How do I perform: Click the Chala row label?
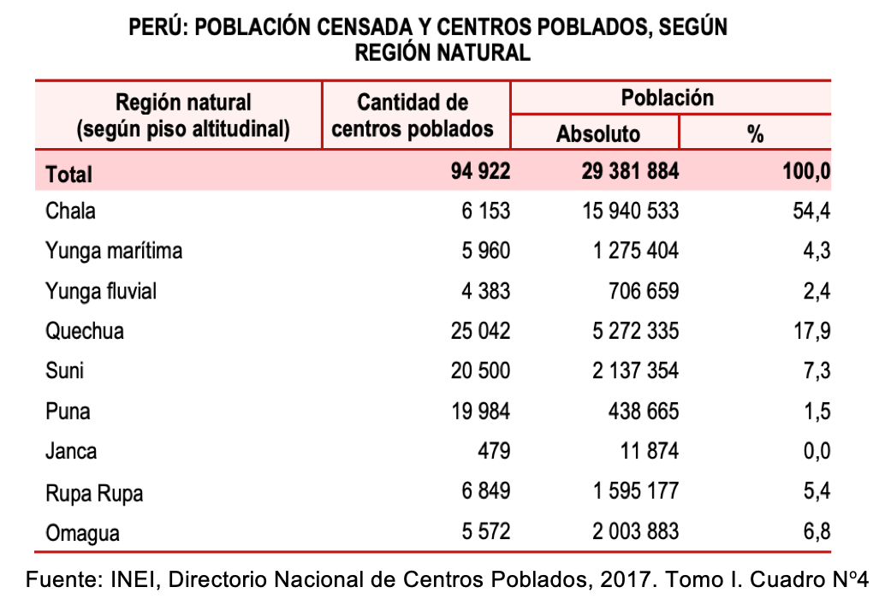coord(70,211)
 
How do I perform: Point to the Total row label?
coord(69,175)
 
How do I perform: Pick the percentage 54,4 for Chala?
coord(811,211)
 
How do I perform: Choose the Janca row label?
coord(71,451)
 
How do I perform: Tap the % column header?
coord(755,134)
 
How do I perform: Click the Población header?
coord(668,98)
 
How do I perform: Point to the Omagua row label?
coord(82,533)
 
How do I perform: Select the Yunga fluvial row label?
coord(101,291)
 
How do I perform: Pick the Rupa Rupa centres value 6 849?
coord(485,491)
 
